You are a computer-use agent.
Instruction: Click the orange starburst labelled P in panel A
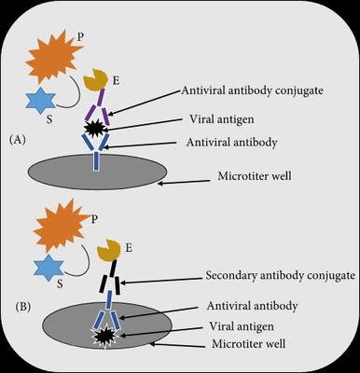(x=52, y=58)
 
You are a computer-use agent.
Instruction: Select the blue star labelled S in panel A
(x=41, y=100)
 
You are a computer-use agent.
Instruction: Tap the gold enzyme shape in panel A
(x=96, y=80)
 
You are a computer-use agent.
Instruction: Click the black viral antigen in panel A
(x=94, y=129)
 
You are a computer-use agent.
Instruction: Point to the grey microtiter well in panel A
(x=97, y=172)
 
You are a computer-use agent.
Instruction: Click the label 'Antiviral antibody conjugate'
(x=252, y=90)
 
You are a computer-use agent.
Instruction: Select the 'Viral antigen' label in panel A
(x=222, y=119)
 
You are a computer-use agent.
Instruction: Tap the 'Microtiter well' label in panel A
(x=255, y=176)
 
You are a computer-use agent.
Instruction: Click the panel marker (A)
(x=18, y=140)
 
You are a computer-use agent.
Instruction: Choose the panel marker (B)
(x=23, y=307)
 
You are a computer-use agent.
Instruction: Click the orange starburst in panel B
(x=61, y=225)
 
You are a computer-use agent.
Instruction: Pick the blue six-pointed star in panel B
(x=48, y=268)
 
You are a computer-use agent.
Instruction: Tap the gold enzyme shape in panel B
(x=108, y=250)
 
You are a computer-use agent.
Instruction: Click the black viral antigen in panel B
(x=104, y=337)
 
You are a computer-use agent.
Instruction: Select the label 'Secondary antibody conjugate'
(x=281, y=275)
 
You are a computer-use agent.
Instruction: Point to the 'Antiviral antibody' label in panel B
(x=252, y=306)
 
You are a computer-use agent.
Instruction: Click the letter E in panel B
(x=129, y=248)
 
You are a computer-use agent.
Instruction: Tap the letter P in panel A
(x=80, y=37)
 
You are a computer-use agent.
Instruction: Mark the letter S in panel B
(x=60, y=283)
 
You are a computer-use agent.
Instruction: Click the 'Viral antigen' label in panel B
(x=242, y=326)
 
